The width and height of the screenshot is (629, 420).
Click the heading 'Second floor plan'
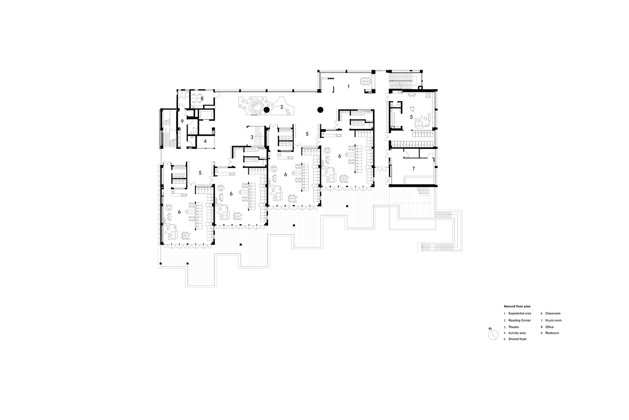517,306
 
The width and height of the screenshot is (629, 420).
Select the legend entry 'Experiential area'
519,313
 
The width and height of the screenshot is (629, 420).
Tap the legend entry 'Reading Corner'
519,320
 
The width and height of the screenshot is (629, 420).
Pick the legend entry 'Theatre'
513,327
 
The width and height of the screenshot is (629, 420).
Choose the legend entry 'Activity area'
517,333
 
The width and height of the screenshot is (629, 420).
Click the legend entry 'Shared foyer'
518,339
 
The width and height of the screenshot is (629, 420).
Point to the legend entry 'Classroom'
553,313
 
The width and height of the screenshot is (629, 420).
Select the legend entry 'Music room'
553,320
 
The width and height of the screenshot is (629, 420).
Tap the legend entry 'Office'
550,327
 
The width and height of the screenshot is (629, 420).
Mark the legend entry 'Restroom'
552,333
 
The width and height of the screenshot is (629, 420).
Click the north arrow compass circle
493,335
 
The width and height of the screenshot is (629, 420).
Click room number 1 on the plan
348,87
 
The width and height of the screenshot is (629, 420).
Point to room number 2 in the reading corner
282,107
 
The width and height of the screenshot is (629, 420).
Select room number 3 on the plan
252,137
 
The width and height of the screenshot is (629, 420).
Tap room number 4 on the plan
205,141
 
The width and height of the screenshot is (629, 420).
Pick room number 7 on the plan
413,169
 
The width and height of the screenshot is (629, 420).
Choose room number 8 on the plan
202,99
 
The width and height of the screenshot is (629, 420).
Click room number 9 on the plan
182,121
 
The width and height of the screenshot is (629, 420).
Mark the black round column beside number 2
266,110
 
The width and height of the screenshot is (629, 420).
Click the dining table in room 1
365,81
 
